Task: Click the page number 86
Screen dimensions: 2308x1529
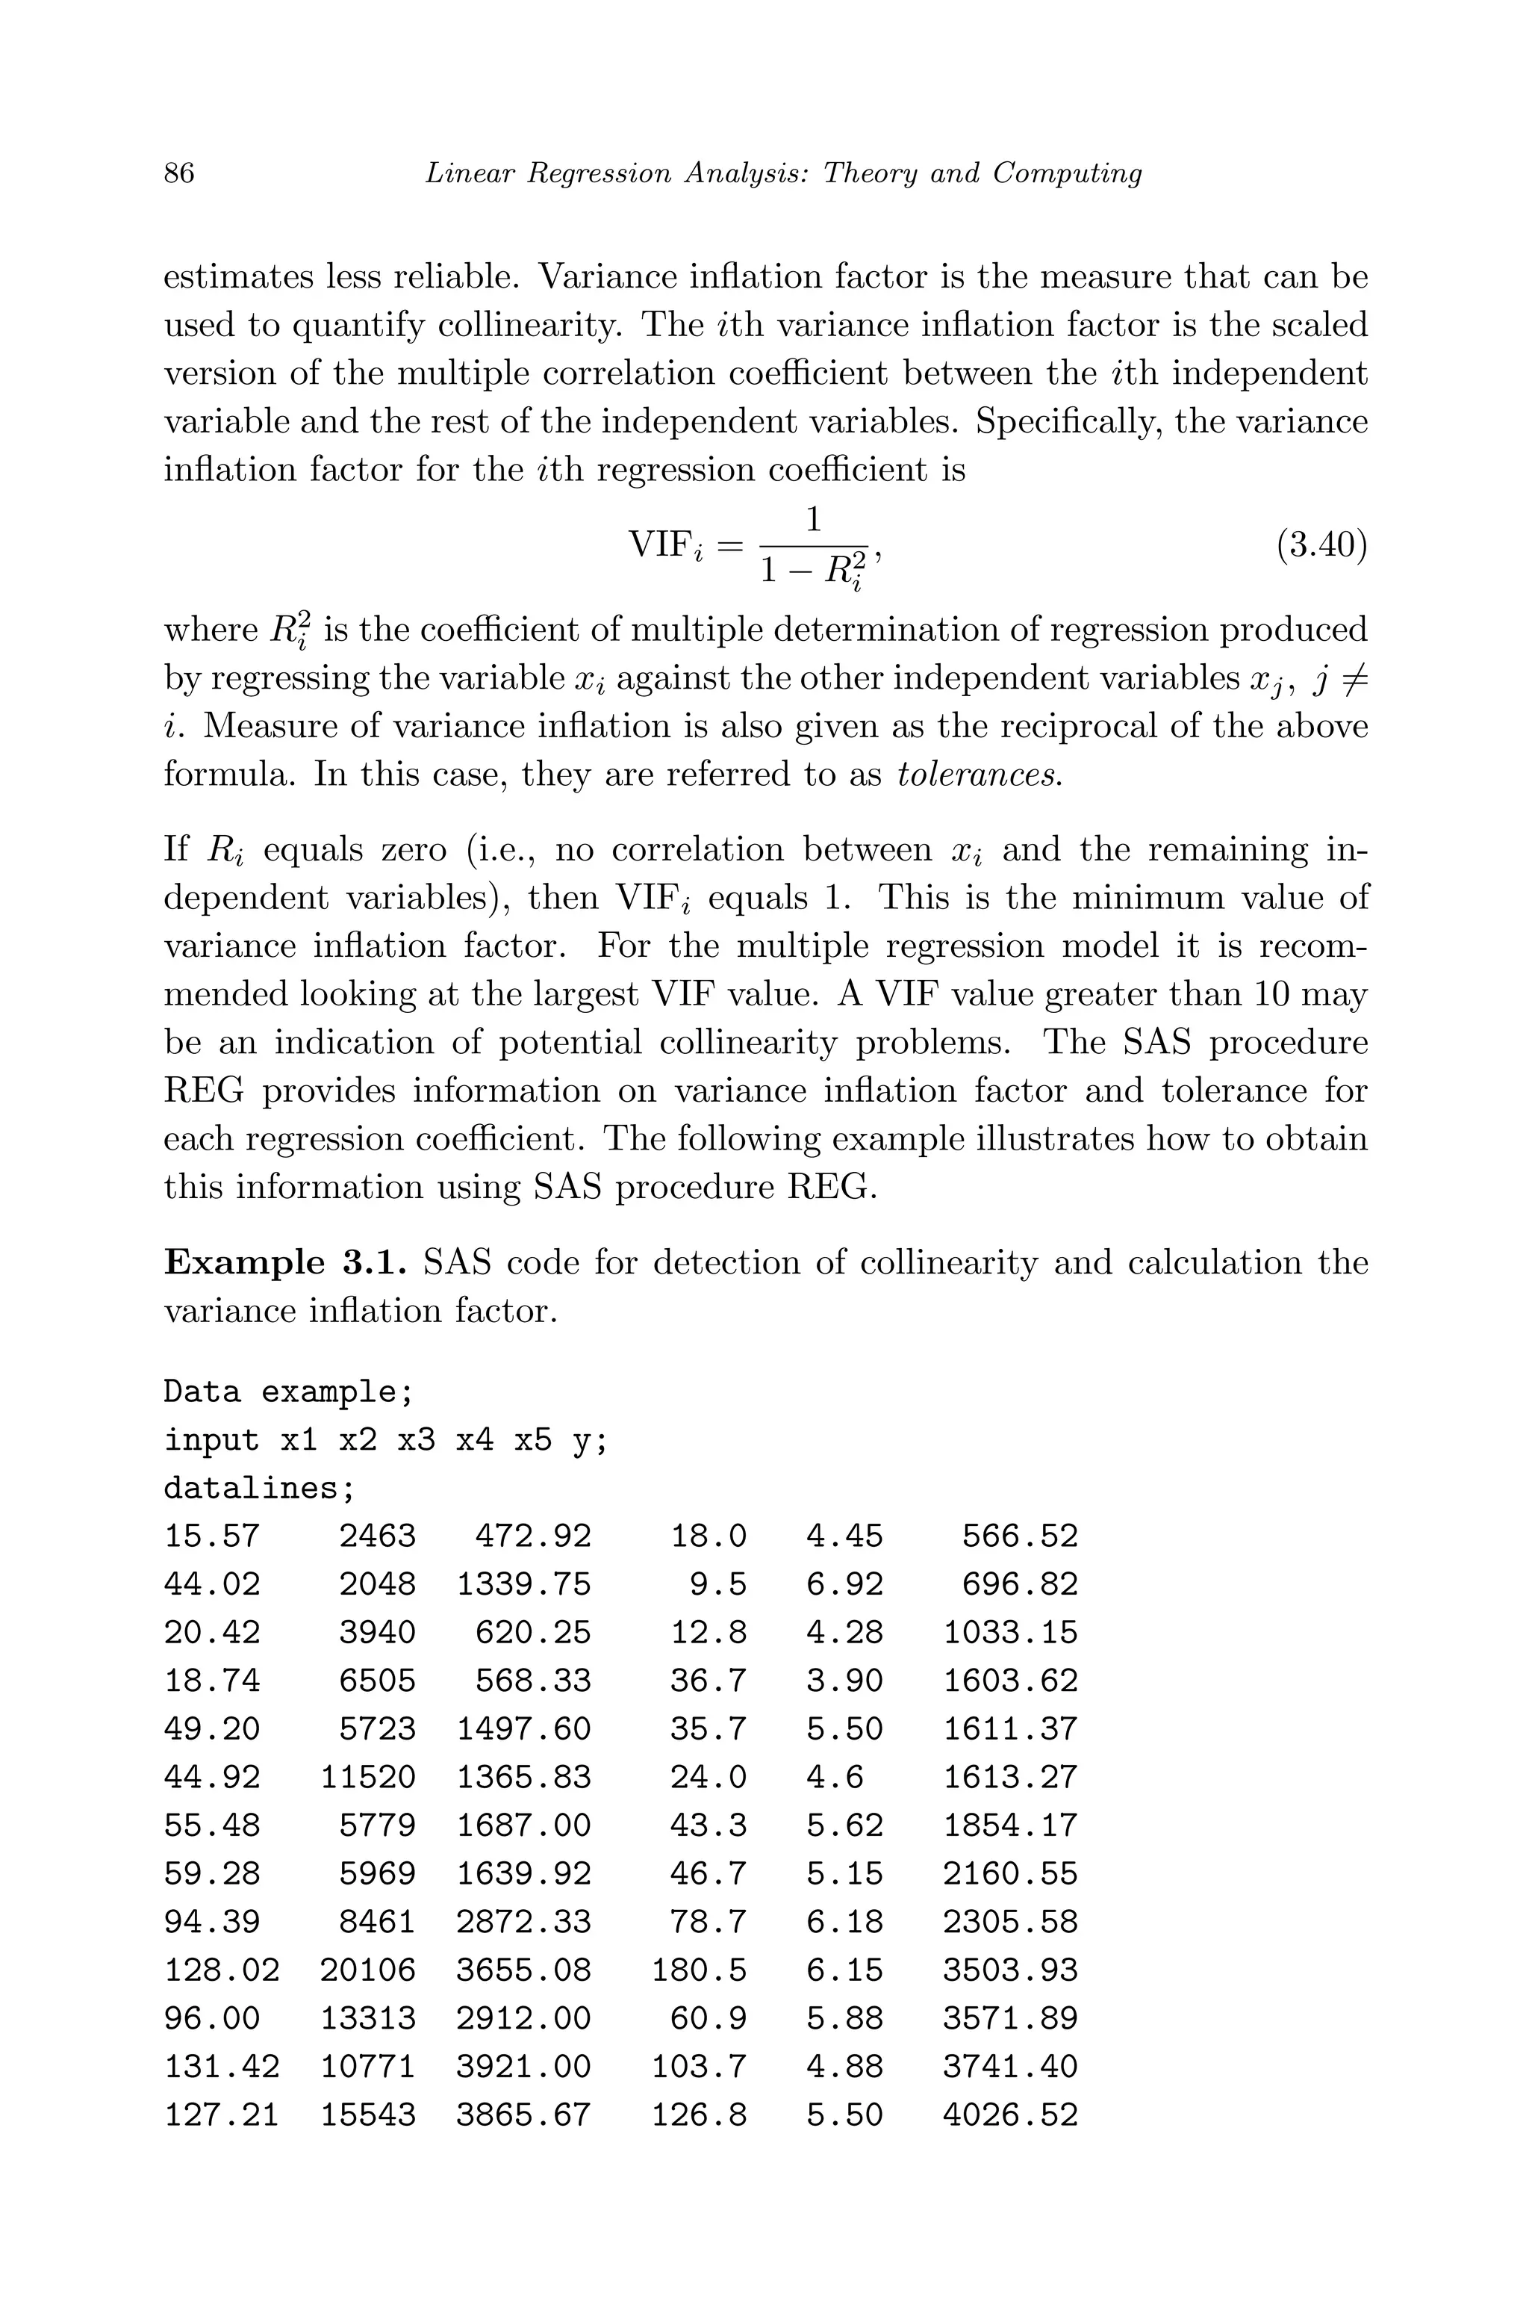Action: (179, 173)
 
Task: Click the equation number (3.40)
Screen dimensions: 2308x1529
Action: (1321, 545)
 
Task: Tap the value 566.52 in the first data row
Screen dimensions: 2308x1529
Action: (1019, 1536)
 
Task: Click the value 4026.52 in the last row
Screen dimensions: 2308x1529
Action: (1010, 2115)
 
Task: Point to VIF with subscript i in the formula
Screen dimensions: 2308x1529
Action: (666, 546)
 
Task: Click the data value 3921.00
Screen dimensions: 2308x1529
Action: (523, 2066)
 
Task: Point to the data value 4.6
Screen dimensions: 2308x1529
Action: (835, 1776)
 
